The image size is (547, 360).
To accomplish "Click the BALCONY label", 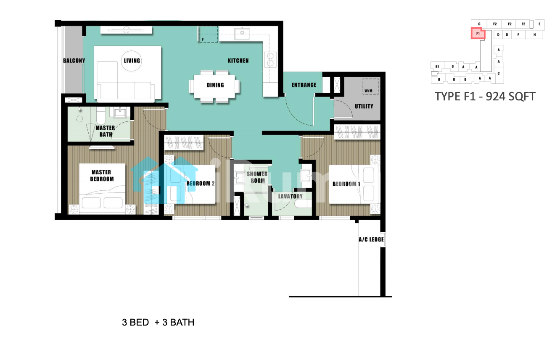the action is [74, 60].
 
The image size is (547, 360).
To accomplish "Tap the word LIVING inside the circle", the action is [132, 60].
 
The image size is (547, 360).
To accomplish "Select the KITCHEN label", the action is [238, 60].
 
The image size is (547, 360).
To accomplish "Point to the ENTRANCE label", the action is [304, 85].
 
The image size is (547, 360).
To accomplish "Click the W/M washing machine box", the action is [370, 87].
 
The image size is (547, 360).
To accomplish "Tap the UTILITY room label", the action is [364, 106].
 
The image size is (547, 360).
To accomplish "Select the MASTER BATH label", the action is [105, 131].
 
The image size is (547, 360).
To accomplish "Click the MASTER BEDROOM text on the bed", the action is [102, 176].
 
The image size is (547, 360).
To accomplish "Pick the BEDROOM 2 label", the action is [201, 184].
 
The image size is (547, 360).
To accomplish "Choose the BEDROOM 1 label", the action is [346, 184].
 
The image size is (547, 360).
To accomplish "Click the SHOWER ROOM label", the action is [257, 177].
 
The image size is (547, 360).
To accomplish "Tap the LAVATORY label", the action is [291, 196].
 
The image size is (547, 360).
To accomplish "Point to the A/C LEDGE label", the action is [371, 239].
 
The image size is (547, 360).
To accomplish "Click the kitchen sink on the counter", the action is [242, 34].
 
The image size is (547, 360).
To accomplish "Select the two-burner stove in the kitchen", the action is [270, 60].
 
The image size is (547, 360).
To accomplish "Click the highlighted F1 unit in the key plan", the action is [478, 34].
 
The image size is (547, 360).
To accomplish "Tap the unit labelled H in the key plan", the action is [534, 34].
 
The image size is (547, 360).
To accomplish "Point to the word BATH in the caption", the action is [182, 323].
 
